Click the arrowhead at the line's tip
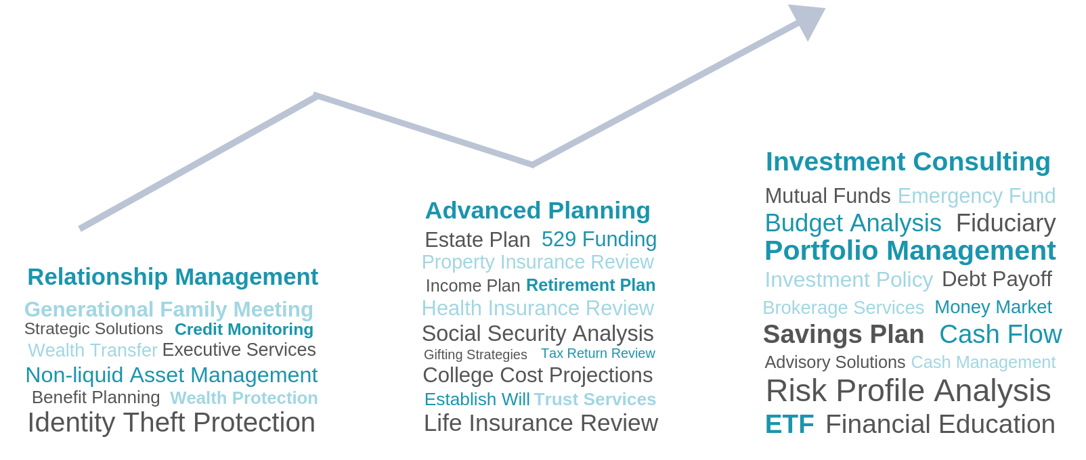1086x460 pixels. tap(808, 20)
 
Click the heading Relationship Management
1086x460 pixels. tap(173, 277)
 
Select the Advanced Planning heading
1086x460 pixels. tap(538, 210)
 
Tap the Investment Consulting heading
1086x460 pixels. tap(908, 161)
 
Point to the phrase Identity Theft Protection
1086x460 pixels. tap(171, 422)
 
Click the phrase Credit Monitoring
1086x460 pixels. tap(244, 329)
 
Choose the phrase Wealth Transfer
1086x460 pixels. tap(93, 350)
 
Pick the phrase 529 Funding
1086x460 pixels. tap(599, 239)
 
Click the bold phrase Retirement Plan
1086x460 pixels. tap(590, 285)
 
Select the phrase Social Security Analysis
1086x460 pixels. tap(538, 333)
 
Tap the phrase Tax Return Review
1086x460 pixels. tap(598, 354)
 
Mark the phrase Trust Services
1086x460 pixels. tap(595, 399)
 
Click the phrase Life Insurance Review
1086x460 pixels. tap(541, 423)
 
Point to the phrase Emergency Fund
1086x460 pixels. tap(976, 196)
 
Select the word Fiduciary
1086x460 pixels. tap(1005, 223)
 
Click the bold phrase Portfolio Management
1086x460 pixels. tap(910, 251)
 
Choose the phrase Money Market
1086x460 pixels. tap(993, 307)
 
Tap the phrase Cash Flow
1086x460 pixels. tap(1000, 334)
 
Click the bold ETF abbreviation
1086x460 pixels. tap(789, 424)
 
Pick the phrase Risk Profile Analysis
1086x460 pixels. tap(908, 390)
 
